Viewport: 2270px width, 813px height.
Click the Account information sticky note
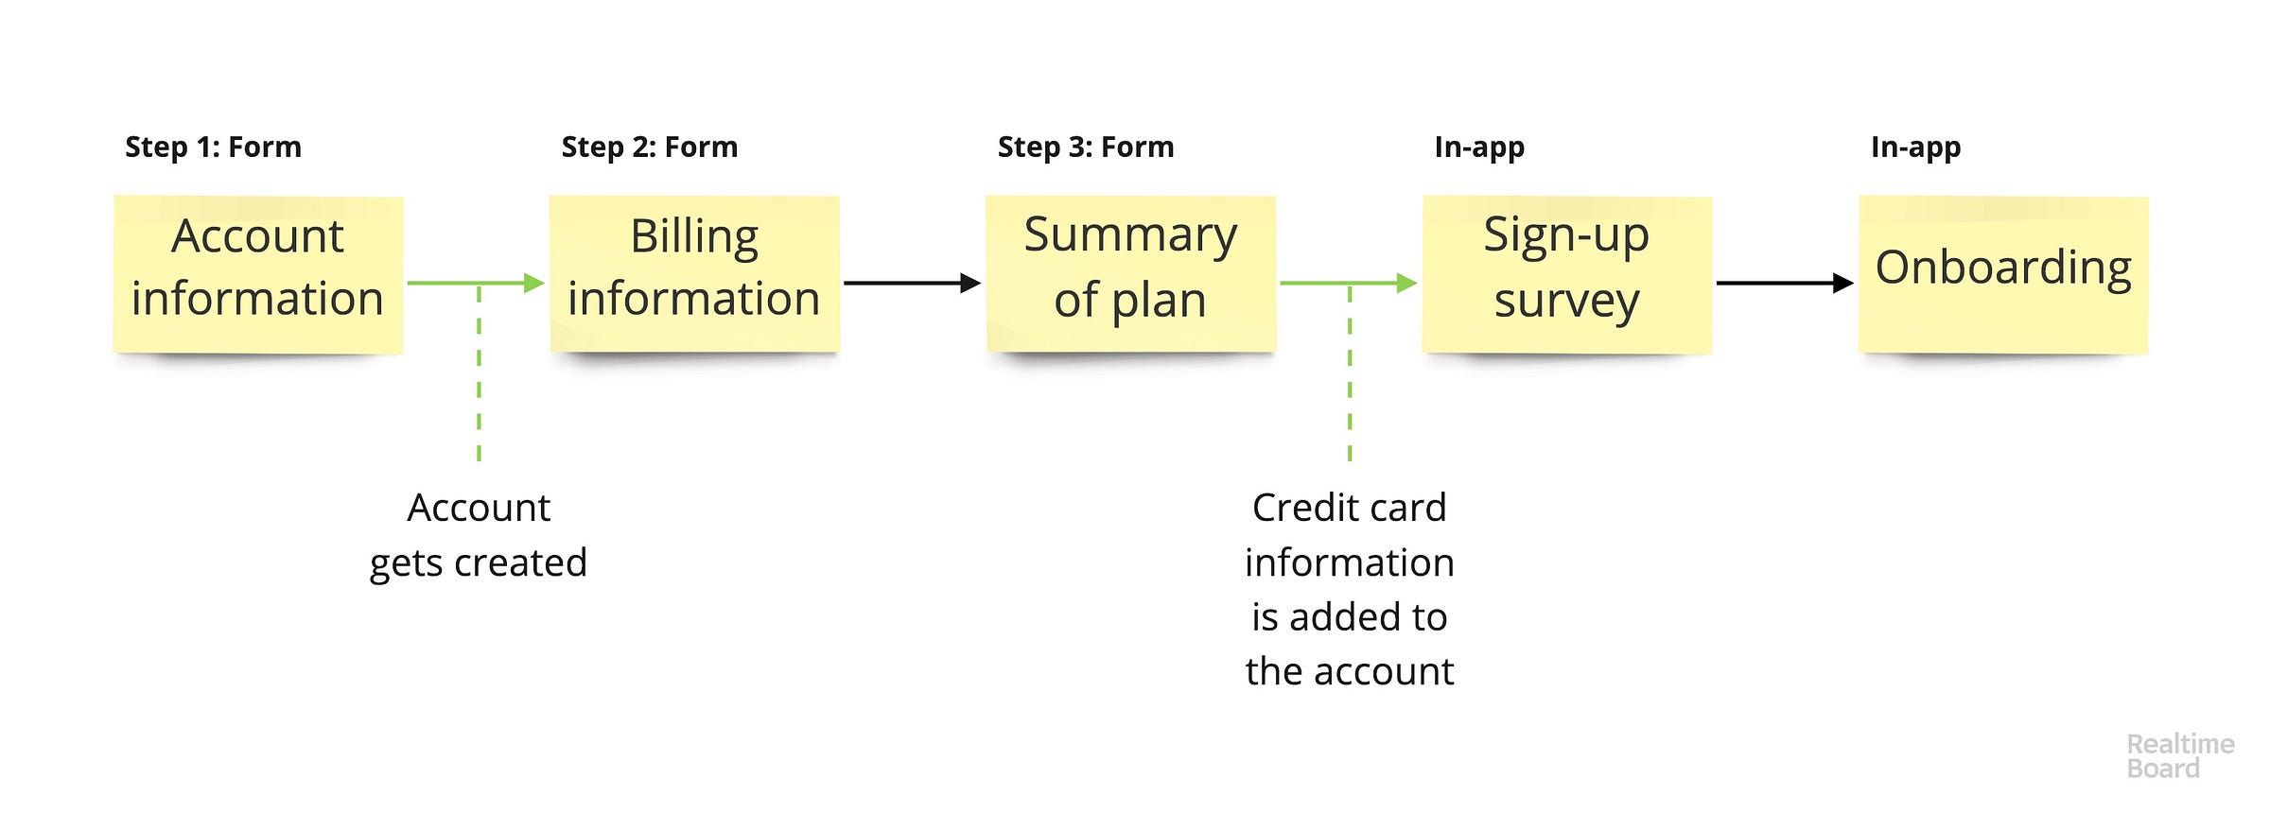(258, 274)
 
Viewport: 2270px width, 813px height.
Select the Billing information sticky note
(694, 274)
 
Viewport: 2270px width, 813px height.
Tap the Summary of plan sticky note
(1131, 274)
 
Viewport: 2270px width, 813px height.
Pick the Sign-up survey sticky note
(1567, 274)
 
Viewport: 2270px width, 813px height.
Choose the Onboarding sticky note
(2004, 274)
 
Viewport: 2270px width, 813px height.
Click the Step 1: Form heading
(213, 147)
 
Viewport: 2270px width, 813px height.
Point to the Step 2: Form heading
(650, 147)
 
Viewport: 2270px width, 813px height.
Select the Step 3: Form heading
(1086, 147)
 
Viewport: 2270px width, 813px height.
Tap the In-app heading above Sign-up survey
(1479, 148)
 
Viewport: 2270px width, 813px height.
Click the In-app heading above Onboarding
(1915, 148)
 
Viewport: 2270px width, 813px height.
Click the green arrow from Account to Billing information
(476, 283)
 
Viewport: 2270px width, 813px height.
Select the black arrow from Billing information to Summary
(913, 283)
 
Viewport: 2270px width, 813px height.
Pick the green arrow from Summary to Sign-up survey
(1349, 283)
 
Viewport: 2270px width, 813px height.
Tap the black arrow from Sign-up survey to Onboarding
(1785, 283)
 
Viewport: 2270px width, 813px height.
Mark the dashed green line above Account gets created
(479, 372)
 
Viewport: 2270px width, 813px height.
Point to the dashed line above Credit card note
(1350, 372)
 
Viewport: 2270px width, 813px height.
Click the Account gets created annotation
(479, 535)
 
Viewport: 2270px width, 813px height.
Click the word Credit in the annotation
(1294, 508)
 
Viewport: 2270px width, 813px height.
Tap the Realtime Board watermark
(2180, 756)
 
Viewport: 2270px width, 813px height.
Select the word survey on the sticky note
(1567, 303)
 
